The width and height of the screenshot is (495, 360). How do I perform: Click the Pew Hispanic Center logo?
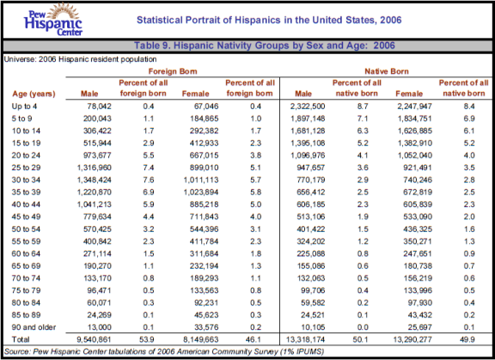(53, 20)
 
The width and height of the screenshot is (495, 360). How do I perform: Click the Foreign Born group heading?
(173, 71)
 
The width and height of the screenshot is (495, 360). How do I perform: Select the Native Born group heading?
(387, 71)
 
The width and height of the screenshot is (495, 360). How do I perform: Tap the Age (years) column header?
(34, 94)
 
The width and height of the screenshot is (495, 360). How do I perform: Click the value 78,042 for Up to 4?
(99, 107)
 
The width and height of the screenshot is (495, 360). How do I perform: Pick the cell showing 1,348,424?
(94, 180)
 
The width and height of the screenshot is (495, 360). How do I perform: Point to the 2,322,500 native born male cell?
(308, 107)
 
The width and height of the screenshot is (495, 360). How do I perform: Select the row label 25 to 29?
(26, 168)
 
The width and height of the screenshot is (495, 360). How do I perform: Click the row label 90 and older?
(34, 327)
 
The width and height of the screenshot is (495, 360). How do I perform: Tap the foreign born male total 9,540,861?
(94, 339)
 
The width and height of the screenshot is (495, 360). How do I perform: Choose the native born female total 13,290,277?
(412, 339)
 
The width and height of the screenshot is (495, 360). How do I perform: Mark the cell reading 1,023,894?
(201, 192)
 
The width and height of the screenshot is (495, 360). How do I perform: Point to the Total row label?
(21, 339)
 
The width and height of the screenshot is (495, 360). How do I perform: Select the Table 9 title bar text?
(265, 46)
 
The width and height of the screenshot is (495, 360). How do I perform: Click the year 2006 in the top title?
(391, 20)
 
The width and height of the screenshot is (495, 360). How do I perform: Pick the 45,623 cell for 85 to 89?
(206, 314)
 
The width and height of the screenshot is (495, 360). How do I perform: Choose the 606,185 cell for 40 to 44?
(310, 204)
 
